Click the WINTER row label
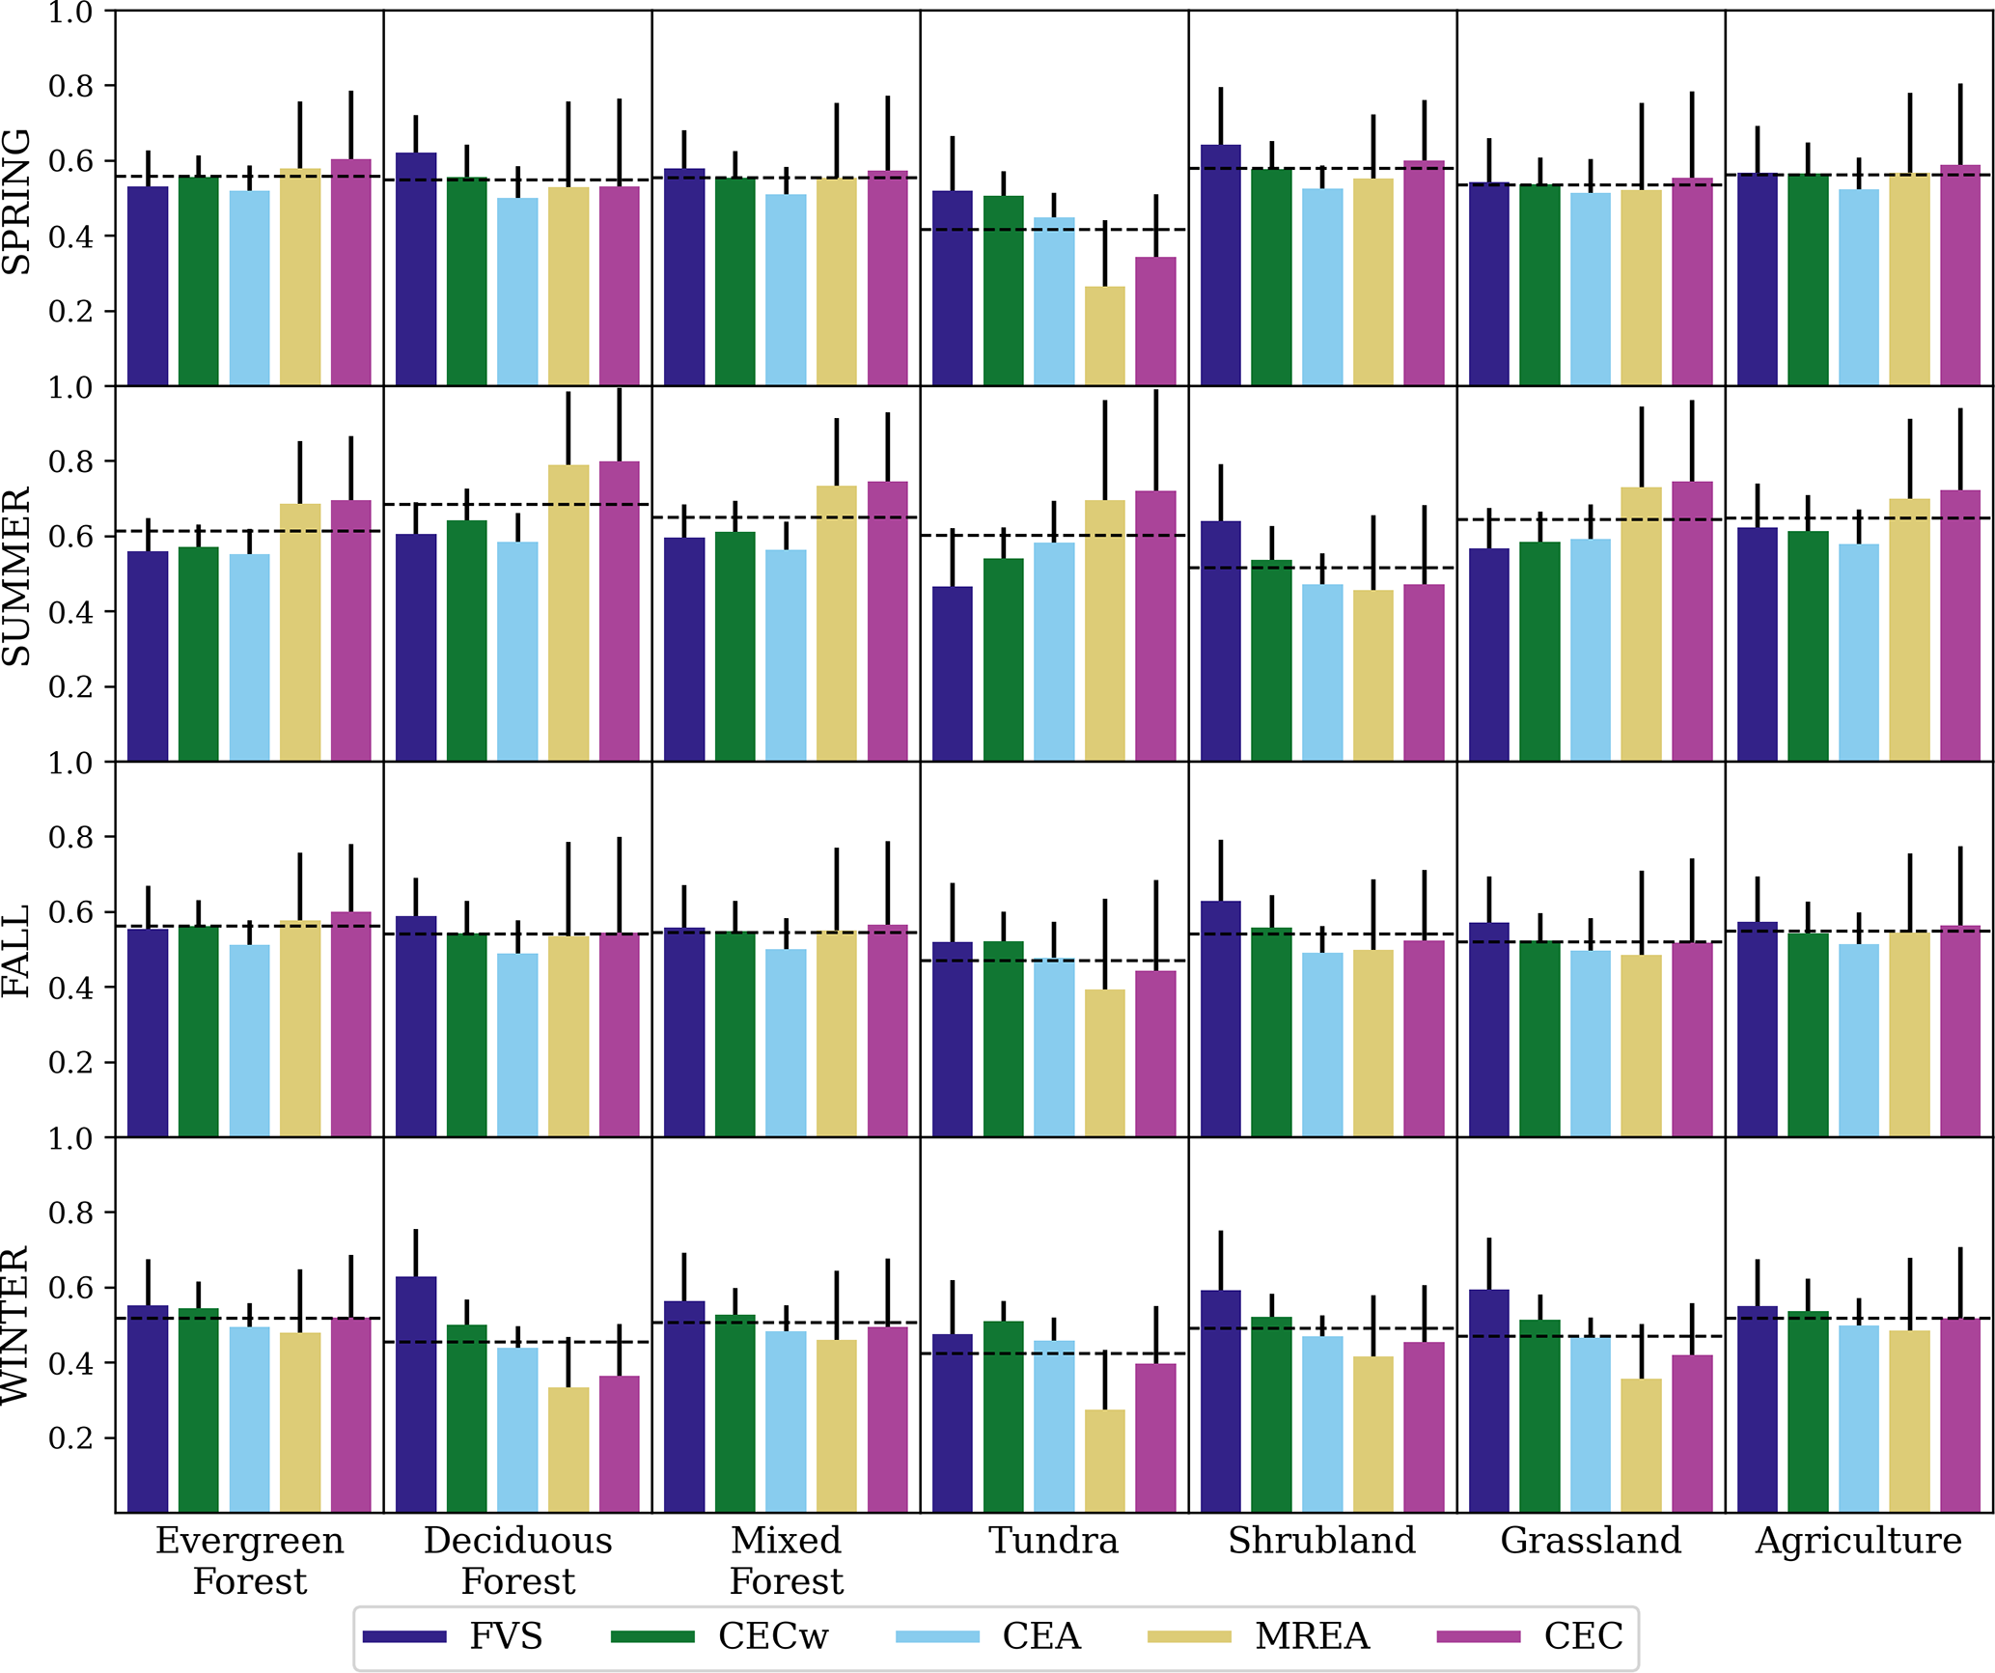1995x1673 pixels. [x=17, y=1324]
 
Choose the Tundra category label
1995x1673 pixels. [x=1054, y=1540]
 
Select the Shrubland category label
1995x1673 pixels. [x=1321, y=1540]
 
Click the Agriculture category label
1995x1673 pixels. [x=1858, y=1541]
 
